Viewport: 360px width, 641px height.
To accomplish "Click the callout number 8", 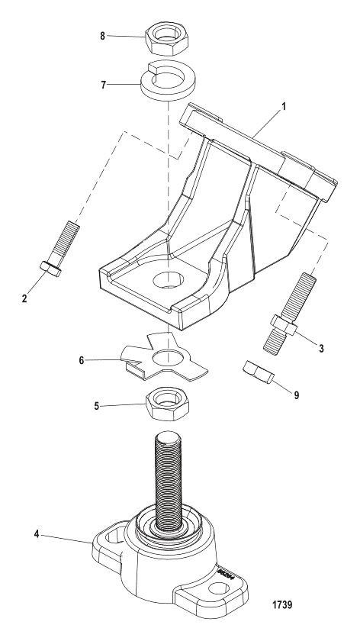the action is [x=102, y=36].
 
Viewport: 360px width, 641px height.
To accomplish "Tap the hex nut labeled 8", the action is [x=167, y=39].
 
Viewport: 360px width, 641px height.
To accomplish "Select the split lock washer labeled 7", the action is [x=168, y=81].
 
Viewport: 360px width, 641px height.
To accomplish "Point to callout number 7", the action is [x=104, y=85].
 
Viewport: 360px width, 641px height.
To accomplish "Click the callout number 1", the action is [x=284, y=106].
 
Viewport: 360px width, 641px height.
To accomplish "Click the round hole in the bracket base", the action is [x=168, y=281].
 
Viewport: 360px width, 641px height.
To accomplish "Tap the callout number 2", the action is [x=24, y=298].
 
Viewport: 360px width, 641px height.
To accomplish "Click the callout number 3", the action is [x=321, y=348].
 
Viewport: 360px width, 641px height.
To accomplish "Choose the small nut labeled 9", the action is [x=258, y=372].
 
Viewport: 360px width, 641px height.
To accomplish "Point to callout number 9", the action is [x=296, y=395].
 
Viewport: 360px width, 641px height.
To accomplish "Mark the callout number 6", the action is [x=82, y=360].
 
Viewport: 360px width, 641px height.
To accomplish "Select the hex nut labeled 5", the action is [x=168, y=404].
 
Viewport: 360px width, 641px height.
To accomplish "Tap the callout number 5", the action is [x=96, y=407].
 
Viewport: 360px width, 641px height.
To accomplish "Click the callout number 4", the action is [x=37, y=534].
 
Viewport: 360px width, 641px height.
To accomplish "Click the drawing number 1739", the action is [x=282, y=604].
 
